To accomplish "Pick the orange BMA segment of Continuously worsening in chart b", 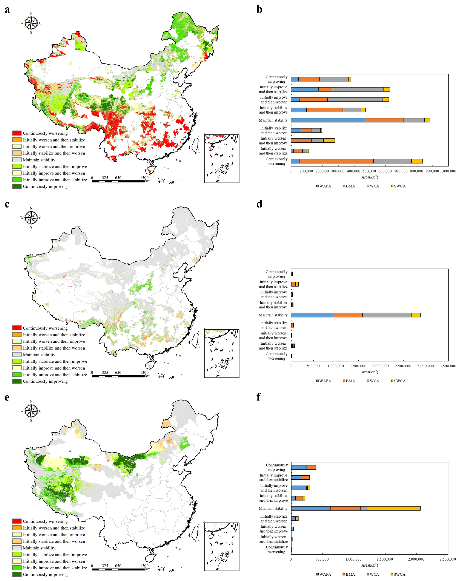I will [x=336, y=161].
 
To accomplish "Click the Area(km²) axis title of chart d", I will [x=370, y=372].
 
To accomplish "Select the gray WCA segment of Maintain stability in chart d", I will [x=387, y=315].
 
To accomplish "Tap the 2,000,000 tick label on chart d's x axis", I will [x=381, y=366].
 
